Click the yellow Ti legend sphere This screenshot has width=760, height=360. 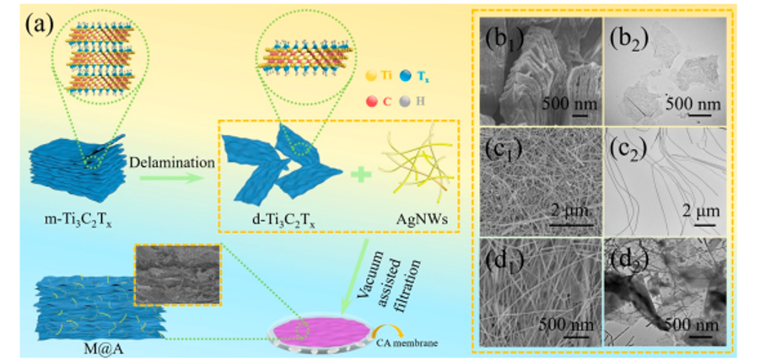(372, 76)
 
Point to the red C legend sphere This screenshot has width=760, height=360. (372, 102)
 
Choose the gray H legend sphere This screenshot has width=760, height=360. (418, 102)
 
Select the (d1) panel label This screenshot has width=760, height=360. (504, 263)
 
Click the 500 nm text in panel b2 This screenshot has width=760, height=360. (693, 103)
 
